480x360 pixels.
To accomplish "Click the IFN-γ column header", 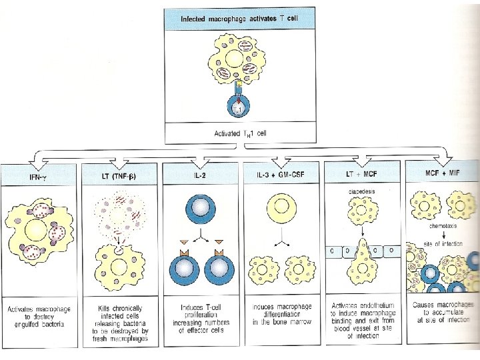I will [x=39, y=175].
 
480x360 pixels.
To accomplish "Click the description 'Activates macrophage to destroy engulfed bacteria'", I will [x=39, y=315].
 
